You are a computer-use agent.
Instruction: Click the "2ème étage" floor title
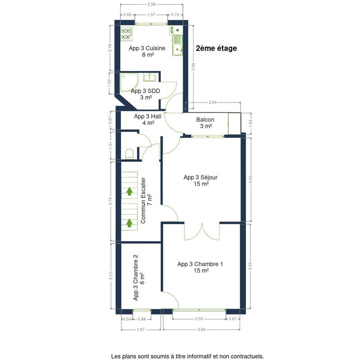[x=216, y=48]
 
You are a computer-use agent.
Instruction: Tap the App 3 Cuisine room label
[x=147, y=51]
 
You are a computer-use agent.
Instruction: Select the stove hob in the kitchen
[x=126, y=34]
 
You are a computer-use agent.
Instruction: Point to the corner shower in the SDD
[x=129, y=83]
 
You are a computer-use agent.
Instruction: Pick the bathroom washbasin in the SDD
[x=149, y=77]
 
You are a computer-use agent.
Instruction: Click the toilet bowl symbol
[x=130, y=154]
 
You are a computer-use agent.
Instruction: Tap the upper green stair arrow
[x=130, y=191]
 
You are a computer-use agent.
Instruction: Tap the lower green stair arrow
[x=130, y=223]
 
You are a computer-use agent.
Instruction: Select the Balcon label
[x=205, y=123]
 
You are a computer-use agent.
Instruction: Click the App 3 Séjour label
[x=200, y=180]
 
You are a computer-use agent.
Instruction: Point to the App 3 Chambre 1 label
[x=200, y=267]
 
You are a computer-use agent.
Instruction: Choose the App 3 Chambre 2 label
[x=139, y=277]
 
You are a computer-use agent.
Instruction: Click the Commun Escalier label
[x=146, y=200]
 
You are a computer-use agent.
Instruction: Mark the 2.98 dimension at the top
[x=152, y=4]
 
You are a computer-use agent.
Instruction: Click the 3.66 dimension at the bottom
[x=201, y=330]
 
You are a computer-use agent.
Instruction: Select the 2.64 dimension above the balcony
[x=213, y=103]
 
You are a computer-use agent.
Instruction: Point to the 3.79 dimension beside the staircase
[x=111, y=201]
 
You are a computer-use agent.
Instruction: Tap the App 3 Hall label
[x=148, y=120]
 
